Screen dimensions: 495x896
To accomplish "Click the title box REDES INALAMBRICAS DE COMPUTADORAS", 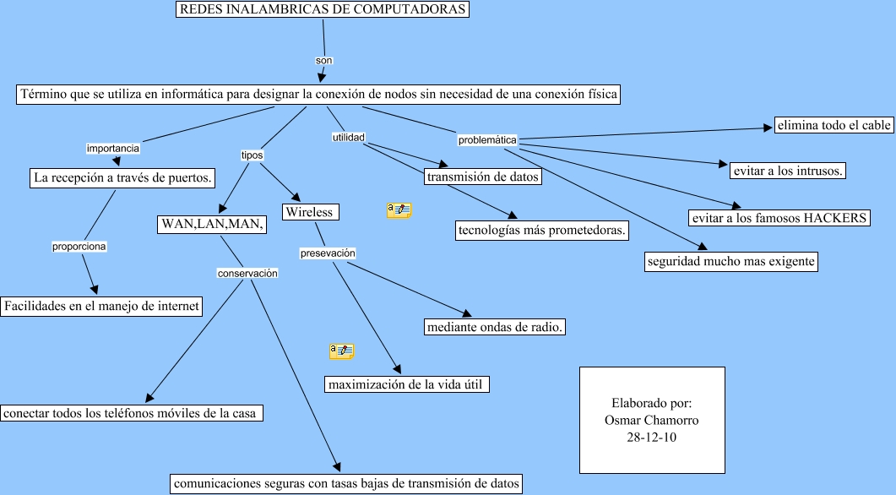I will (x=322, y=10).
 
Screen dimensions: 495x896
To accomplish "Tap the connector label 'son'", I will (x=323, y=61).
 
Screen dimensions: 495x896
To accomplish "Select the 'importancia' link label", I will (x=113, y=148).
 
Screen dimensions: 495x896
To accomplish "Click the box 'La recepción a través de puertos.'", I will (x=122, y=178).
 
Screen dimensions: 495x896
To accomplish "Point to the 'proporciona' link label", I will (x=79, y=247).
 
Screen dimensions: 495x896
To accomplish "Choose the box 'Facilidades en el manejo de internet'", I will (x=101, y=306).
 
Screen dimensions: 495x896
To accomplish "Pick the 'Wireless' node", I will (x=310, y=212).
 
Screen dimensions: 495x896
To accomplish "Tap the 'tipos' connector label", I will (x=252, y=155).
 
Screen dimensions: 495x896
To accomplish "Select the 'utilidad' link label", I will (x=348, y=136).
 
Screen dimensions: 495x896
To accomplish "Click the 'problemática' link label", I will (x=487, y=139).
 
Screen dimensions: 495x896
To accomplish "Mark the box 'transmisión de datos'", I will (x=483, y=177).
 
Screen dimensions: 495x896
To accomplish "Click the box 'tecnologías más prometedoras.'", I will (x=541, y=230).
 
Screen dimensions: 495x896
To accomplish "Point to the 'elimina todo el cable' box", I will (x=834, y=125).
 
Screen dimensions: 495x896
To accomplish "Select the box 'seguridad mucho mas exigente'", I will (x=731, y=262).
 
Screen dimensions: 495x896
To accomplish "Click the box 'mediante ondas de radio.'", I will (x=495, y=327).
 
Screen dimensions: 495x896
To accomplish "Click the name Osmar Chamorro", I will (x=652, y=420).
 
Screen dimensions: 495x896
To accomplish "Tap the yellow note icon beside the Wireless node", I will (x=399, y=210).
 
